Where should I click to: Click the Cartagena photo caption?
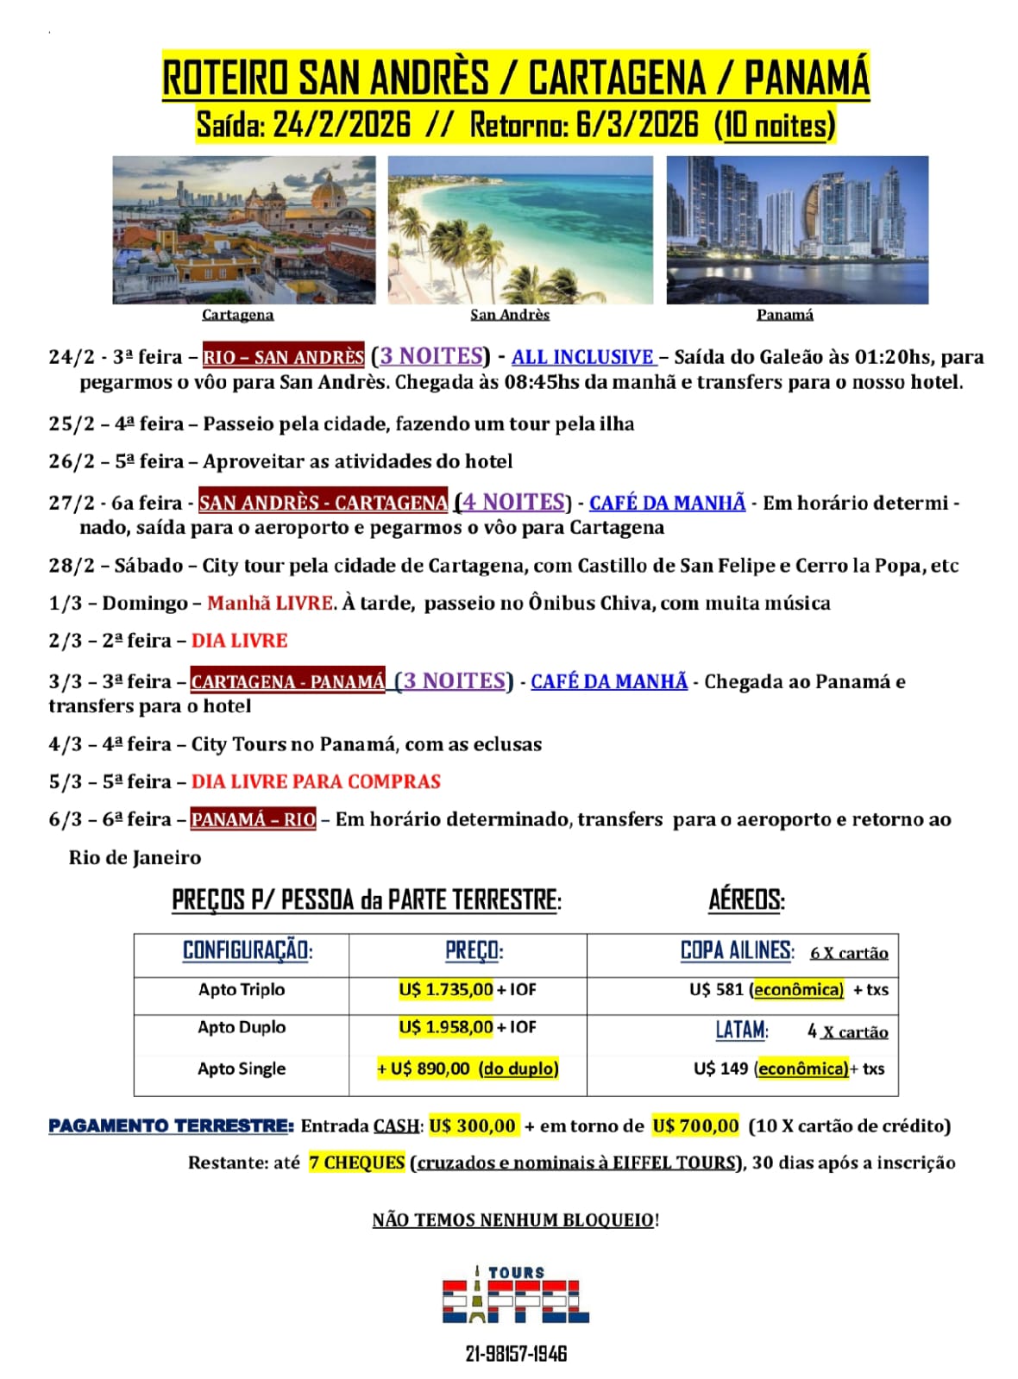coord(237,315)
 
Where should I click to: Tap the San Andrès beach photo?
coord(520,229)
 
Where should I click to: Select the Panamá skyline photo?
coord(797,229)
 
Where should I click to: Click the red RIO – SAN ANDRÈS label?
coord(283,357)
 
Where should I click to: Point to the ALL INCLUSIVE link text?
coord(583,357)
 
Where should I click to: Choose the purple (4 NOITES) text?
coord(513,502)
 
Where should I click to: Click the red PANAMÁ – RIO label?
coord(254,819)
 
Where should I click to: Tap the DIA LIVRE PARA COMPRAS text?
coord(316,781)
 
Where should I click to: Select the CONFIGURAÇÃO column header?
coord(247,951)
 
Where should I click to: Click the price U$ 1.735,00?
coord(445,990)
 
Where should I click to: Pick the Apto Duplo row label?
coord(242,1027)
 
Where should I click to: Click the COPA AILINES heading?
coord(736,950)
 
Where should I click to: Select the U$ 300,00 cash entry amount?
coord(473,1125)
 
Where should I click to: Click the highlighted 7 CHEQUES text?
coord(356,1163)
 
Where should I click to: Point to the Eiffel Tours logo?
coord(516,1295)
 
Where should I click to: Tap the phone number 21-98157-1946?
coord(516,1354)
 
